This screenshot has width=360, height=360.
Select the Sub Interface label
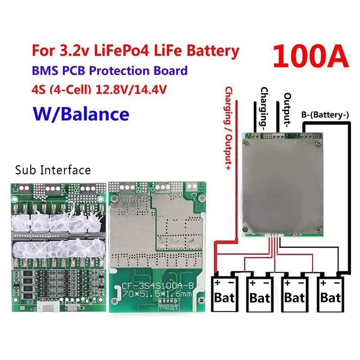pyautogui.click(x=53, y=170)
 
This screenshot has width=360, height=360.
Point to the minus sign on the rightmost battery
pyautogui.click(x=337, y=282)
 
